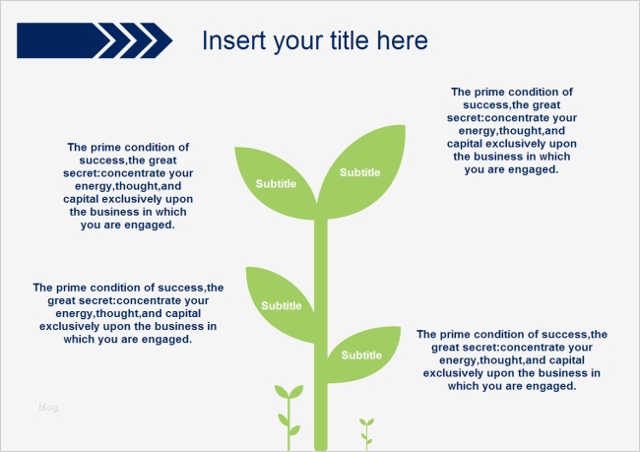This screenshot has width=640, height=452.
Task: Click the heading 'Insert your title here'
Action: click(314, 40)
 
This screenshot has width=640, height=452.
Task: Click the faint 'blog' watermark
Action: click(48, 407)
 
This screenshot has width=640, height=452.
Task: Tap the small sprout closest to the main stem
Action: click(288, 411)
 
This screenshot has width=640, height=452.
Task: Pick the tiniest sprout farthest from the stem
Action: click(366, 429)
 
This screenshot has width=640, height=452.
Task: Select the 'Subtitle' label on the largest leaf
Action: click(359, 172)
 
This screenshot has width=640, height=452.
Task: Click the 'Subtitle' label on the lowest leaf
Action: click(361, 355)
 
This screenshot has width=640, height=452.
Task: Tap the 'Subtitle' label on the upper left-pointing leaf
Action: click(276, 183)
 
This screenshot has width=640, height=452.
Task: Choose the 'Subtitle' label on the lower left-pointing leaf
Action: click(282, 305)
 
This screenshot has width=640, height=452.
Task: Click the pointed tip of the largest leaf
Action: click(403, 126)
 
